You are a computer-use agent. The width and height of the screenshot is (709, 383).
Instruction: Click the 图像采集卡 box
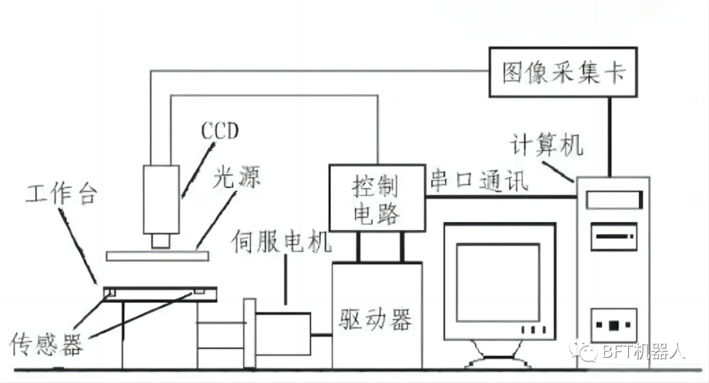pos(563,72)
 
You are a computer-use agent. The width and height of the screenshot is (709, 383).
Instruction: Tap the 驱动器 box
pos(376,320)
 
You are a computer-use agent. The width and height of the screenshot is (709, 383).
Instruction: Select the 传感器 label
pos(47,344)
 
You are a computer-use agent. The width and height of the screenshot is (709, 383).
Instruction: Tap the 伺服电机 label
pos(282,242)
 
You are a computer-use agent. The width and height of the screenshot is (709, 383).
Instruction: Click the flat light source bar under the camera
pos(158,255)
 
